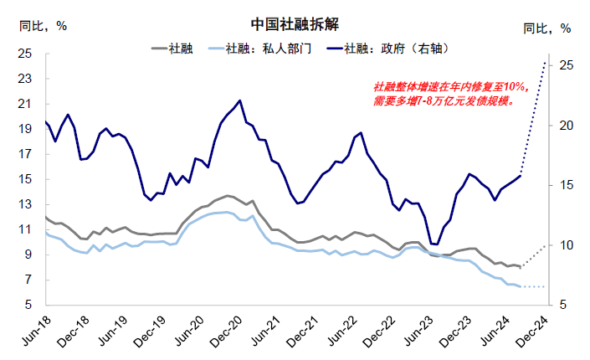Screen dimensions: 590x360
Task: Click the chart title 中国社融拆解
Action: point(295,24)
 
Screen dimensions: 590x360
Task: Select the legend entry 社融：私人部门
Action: point(260,49)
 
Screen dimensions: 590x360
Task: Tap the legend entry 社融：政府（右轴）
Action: point(388,49)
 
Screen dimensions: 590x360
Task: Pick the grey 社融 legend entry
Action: point(172,49)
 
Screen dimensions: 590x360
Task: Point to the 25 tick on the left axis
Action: point(25,54)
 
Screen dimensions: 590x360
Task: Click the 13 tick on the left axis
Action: point(25,204)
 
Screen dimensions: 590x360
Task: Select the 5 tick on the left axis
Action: point(28,305)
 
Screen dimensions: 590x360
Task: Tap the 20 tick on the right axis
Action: point(566,126)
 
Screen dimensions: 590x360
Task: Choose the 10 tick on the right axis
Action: point(566,245)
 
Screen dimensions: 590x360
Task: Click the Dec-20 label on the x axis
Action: point(227,331)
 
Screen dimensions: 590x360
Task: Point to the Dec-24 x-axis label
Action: point(532,331)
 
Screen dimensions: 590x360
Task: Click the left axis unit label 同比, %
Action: point(43,26)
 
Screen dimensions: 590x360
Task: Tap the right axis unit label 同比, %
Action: point(547,28)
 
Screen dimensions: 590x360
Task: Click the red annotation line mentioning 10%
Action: point(452,87)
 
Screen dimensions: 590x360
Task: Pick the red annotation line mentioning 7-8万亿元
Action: point(444,101)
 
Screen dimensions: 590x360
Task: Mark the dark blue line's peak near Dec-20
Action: point(239,100)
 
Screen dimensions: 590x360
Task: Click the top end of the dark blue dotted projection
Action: point(545,61)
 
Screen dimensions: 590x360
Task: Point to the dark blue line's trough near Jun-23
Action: point(434,244)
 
